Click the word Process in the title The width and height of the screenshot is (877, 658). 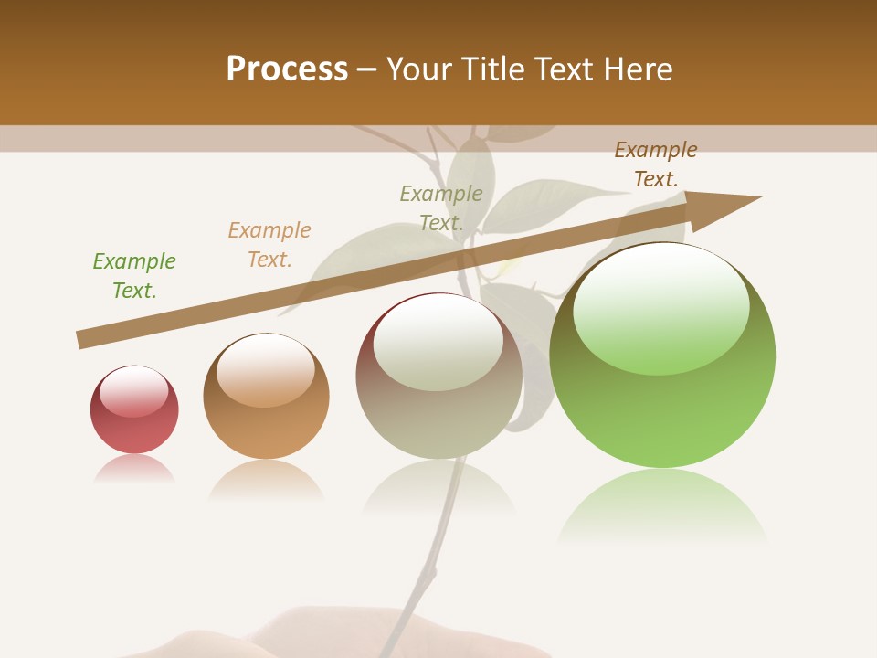(x=287, y=69)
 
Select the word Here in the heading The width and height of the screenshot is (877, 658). (x=639, y=69)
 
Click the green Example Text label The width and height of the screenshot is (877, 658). (x=134, y=276)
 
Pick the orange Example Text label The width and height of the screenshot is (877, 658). (x=269, y=245)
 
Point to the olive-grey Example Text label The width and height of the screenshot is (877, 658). (x=441, y=208)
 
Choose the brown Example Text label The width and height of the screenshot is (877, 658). (x=656, y=164)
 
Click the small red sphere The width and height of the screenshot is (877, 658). (x=134, y=430)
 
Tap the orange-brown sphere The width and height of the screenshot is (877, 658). (x=266, y=430)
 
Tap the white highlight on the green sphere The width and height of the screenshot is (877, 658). (x=660, y=306)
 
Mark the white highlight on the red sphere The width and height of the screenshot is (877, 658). (x=133, y=391)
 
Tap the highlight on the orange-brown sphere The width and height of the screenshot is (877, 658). (x=265, y=368)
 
